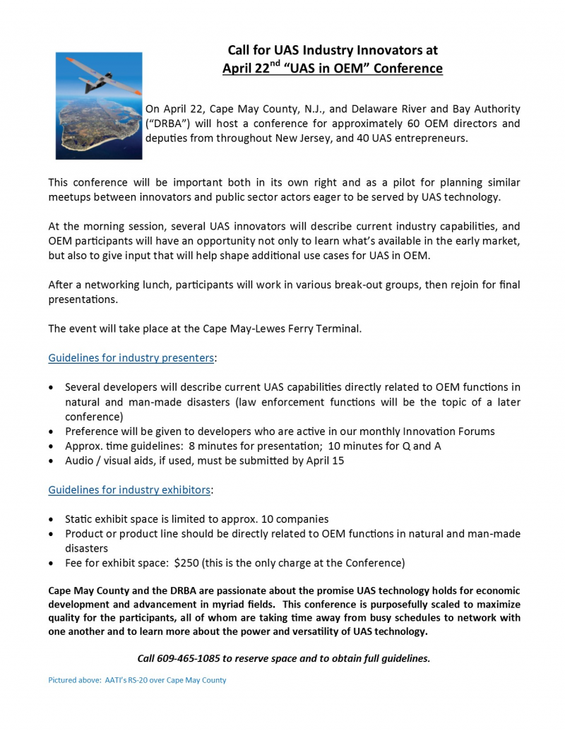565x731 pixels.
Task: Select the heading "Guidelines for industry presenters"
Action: [x=131, y=358]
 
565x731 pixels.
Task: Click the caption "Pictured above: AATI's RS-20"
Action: [x=136, y=680]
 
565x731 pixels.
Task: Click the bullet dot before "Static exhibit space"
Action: [x=52, y=519]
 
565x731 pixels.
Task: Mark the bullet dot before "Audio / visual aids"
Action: [x=52, y=460]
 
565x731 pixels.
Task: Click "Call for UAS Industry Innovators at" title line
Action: [x=332, y=50]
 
